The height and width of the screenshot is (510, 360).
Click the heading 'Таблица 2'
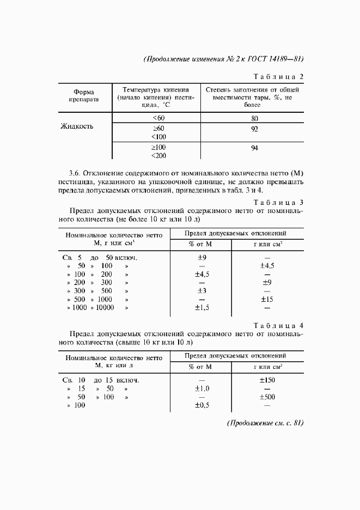[x=279, y=76]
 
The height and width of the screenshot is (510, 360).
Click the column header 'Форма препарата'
[x=83, y=95]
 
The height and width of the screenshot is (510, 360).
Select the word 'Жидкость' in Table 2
[x=77, y=126]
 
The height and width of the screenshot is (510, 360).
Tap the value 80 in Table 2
[x=254, y=118]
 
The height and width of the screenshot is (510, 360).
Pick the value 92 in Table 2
[x=254, y=129]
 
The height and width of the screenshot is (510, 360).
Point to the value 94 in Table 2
[x=254, y=148]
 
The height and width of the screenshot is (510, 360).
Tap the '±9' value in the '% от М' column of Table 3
[x=201, y=257]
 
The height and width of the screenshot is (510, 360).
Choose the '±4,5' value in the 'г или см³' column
[x=267, y=266]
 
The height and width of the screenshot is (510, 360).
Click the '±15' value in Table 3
[x=267, y=299]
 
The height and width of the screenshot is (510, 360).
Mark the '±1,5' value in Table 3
[x=202, y=308]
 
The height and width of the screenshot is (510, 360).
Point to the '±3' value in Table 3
[x=201, y=291]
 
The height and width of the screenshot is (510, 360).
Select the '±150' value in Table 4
[x=267, y=380]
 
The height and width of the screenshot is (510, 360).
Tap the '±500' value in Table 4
[x=267, y=397]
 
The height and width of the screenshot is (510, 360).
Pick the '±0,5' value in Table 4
[x=202, y=405]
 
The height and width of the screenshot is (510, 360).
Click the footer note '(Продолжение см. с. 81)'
[x=265, y=423]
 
